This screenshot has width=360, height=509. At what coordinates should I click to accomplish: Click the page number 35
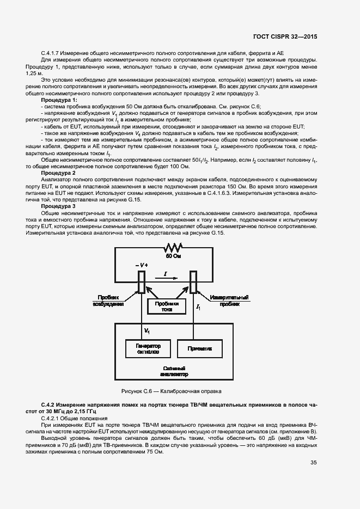click(x=313, y=463)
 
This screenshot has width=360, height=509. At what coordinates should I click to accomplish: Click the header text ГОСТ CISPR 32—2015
click(x=285, y=36)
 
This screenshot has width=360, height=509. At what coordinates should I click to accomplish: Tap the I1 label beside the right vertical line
click(x=199, y=308)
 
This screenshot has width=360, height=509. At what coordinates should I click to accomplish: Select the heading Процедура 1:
click(x=59, y=100)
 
